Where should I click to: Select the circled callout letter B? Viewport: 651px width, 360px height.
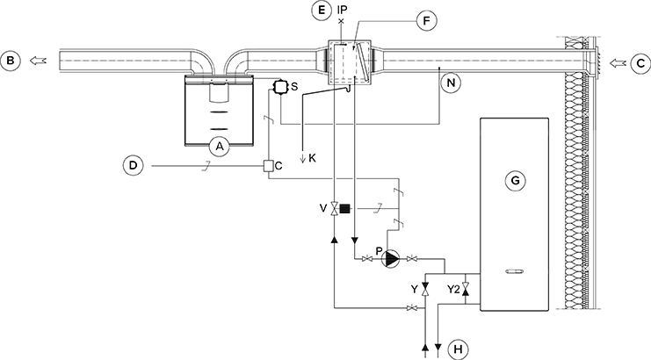pyautogui.click(x=11, y=61)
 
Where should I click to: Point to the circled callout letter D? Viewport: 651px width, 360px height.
pyautogui.click(x=134, y=164)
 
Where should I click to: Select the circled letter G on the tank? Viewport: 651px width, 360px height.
pyautogui.click(x=515, y=180)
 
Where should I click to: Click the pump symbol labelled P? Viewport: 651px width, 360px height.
pyautogui.click(x=392, y=258)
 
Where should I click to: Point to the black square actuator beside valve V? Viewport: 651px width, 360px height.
pyautogui.click(x=344, y=209)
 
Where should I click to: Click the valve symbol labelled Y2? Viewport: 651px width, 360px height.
pyautogui.click(x=467, y=288)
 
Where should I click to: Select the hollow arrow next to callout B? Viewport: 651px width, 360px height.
pyautogui.click(x=38, y=61)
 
